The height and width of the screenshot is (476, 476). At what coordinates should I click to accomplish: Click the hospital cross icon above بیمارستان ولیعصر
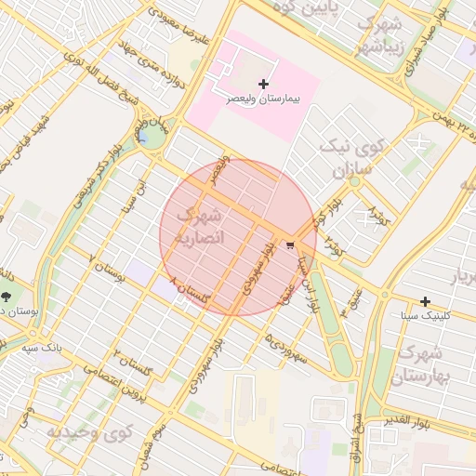click(x=263, y=85)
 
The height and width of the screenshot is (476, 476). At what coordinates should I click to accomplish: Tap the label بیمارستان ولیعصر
click(x=265, y=98)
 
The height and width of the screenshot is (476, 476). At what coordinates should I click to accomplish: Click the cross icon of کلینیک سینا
click(x=425, y=301)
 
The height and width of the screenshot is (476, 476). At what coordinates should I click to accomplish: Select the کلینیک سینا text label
click(x=425, y=315)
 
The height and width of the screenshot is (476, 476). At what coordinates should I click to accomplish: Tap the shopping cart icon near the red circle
click(x=291, y=245)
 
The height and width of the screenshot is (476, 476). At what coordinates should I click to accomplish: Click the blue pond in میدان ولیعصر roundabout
click(x=148, y=139)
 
